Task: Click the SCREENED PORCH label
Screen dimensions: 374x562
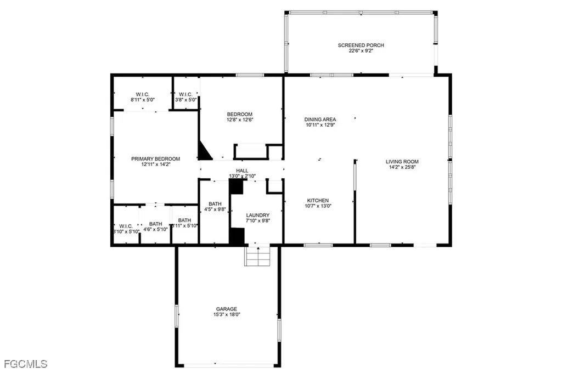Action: tap(361, 45)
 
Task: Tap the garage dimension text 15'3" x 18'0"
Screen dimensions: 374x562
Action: tap(227, 314)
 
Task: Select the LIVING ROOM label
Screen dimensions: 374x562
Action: tap(402, 162)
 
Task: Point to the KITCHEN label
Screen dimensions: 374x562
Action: tap(318, 200)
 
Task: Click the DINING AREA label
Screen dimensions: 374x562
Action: tap(320, 119)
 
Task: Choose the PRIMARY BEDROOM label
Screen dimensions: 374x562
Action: tap(155, 158)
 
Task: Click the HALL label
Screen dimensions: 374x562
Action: tap(243, 171)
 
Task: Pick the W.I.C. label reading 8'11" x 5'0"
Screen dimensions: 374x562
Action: tap(140, 94)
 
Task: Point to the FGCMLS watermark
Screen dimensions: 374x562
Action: tap(25, 364)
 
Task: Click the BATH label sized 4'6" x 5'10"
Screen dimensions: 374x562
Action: tap(156, 224)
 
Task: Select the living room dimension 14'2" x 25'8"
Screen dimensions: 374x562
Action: tap(402, 167)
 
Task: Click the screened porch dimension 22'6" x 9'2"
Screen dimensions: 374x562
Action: tap(361, 51)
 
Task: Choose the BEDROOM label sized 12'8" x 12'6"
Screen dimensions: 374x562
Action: tap(240, 114)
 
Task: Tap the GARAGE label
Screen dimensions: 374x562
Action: tap(227, 309)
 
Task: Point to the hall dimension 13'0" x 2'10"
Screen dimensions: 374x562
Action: tap(243, 176)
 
